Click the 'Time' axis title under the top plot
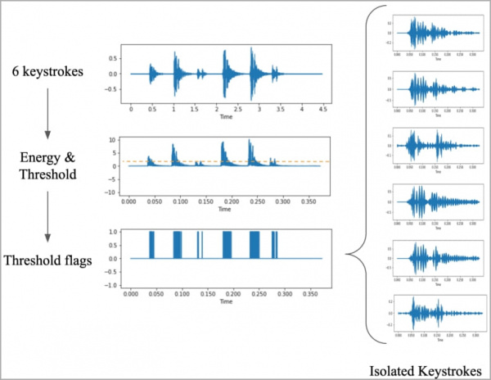pyautogui.click(x=225, y=117)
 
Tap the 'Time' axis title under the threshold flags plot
pyautogui.click(x=225, y=301)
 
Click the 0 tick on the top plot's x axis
pyautogui.click(x=131, y=108)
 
